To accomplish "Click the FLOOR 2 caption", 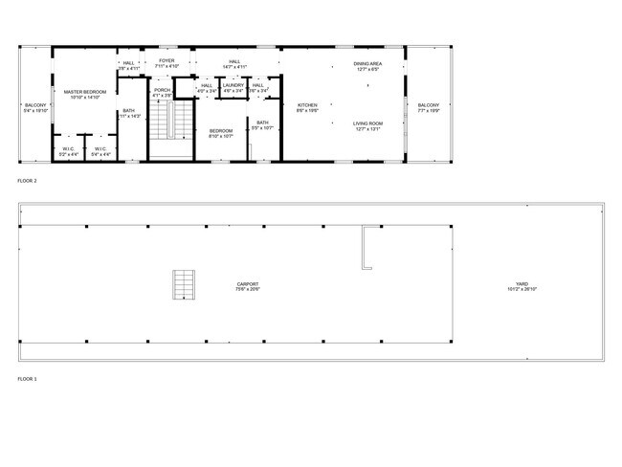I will coord(27,180).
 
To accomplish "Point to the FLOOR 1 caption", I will coord(27,379).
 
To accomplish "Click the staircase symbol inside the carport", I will coord(183,285).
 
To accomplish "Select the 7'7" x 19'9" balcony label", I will coord(428,107).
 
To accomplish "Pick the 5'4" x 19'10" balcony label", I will coord(35,107).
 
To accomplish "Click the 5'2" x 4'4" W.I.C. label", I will coord(69,151).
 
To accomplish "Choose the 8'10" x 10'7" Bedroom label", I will coord(221,132).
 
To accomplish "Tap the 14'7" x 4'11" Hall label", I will coord(234,64).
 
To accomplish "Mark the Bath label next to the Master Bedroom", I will coord(129,113).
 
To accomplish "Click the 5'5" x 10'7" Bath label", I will coord(262,124).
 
